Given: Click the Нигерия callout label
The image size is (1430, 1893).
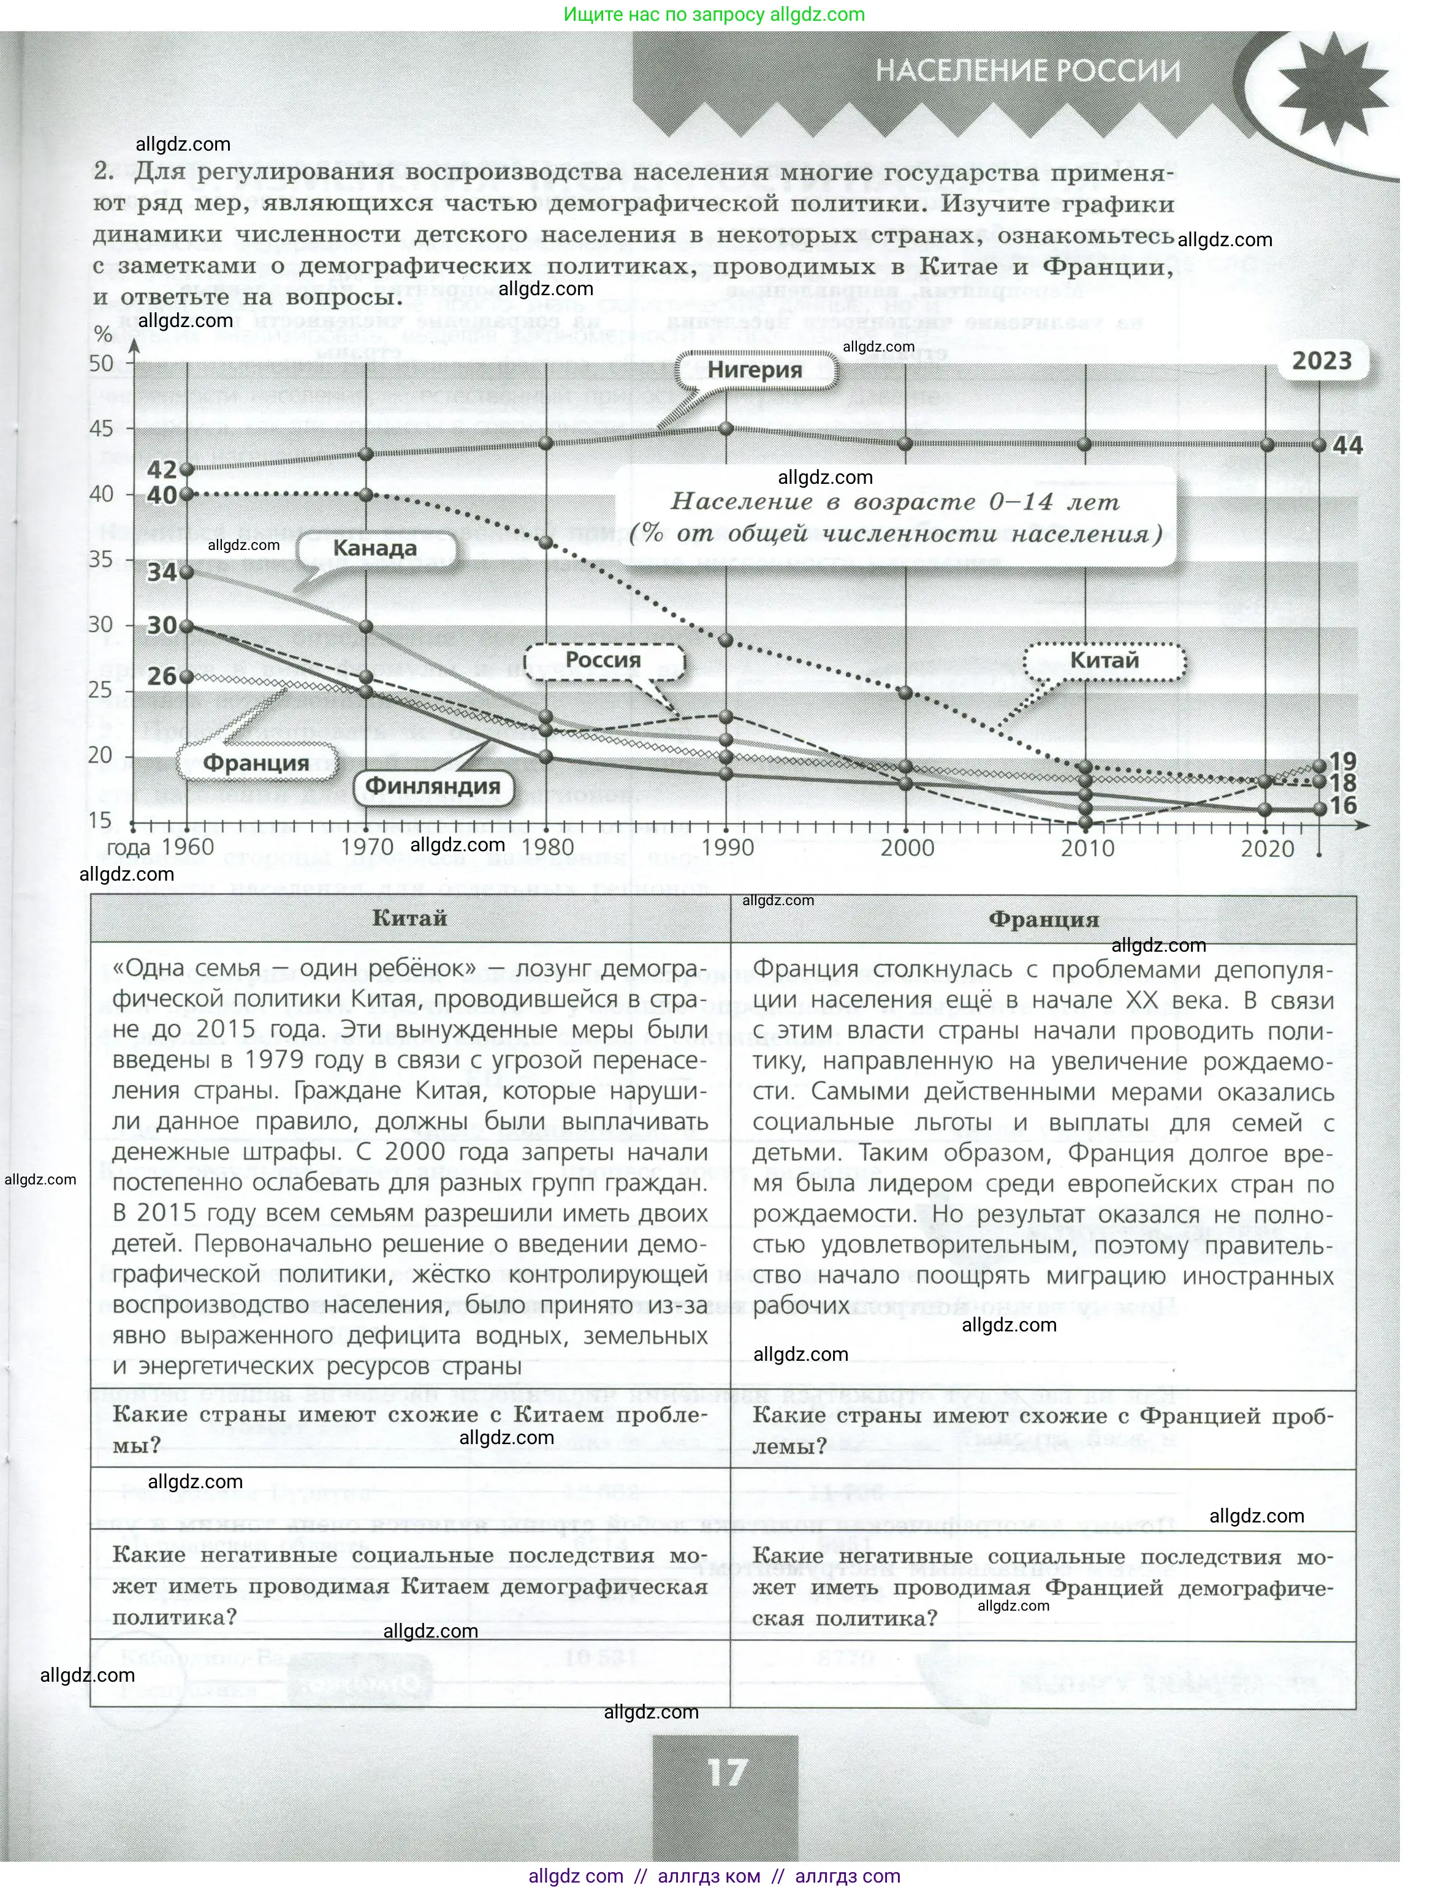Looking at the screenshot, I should tap(755, 370).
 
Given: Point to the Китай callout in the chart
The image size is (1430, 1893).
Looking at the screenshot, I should tap(1105, 661).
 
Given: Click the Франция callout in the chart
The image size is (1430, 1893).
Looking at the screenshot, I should tap(256, 763).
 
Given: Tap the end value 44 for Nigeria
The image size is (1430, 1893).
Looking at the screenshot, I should tap(1348, 445).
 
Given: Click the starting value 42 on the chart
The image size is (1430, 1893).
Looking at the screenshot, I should tap(162, 469).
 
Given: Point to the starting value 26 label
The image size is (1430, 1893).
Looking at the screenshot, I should tap(162, 676).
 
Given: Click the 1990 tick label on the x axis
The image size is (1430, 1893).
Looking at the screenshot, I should tap(728, 848).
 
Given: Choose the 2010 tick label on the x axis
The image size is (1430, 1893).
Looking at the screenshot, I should tap(1087, 848).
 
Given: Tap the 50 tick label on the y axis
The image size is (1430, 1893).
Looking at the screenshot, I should tap(101, 363).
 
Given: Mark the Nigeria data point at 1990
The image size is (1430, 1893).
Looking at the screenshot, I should tap(727, 428).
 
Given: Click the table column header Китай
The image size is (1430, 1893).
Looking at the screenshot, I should tap(409, 918).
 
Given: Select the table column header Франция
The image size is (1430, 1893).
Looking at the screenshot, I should tap(1043, 919).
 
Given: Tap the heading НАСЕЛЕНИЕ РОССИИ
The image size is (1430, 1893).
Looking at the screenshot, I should tap(1027, 71).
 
